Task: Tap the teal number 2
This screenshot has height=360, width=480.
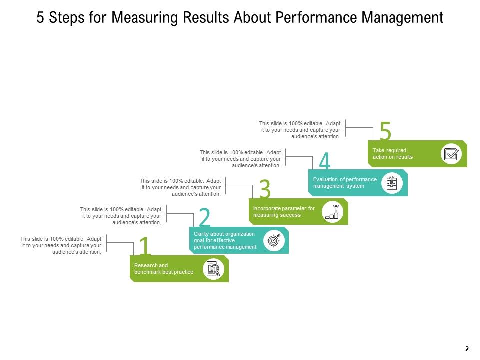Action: point(205,218)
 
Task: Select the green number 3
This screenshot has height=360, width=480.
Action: point(265,189)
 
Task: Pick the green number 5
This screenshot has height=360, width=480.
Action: point(385,132)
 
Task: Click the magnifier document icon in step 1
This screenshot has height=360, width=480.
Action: point(214,269)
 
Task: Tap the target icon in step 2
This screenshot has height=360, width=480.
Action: point(273,240)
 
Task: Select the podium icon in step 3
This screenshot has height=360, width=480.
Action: point(333,212)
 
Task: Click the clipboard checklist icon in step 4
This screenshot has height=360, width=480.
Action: point(392,183)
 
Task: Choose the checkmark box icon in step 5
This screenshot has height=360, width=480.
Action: point(451,154)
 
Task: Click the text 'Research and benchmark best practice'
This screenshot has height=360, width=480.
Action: point(164,269)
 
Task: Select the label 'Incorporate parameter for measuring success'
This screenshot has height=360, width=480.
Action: point(284,212)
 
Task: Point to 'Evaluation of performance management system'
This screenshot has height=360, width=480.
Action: point(345,183)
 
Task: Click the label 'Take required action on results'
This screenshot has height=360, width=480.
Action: point(393,154)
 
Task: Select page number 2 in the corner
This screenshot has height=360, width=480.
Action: point(467,349)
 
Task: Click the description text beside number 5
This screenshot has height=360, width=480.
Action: point(300,129)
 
